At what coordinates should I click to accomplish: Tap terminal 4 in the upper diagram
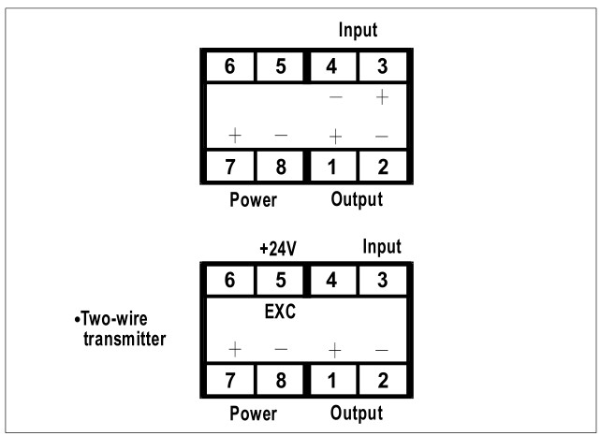331,67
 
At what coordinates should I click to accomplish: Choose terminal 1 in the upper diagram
331,168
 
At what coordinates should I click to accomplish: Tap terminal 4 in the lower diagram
331,279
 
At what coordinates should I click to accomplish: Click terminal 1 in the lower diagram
331,381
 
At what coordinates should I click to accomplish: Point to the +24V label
278,250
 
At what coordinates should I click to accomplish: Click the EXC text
280,312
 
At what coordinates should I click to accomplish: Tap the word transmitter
121,337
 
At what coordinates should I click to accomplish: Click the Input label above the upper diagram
358,30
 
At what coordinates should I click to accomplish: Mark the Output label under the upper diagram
357,199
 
